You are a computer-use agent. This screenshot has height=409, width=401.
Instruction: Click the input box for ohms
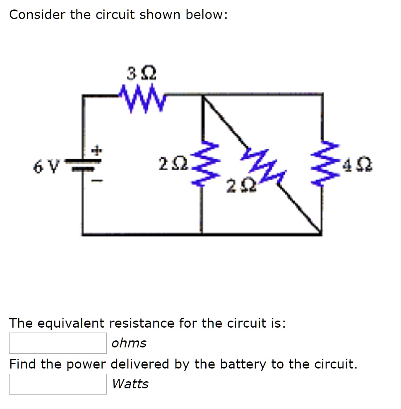(58, 343)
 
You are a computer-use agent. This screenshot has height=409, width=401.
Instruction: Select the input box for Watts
(58, 384)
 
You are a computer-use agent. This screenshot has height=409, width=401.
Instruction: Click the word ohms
(129, 343)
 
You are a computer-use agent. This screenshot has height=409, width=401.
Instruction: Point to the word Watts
(130, 384)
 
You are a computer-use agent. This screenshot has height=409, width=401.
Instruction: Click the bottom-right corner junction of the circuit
(322, 234)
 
